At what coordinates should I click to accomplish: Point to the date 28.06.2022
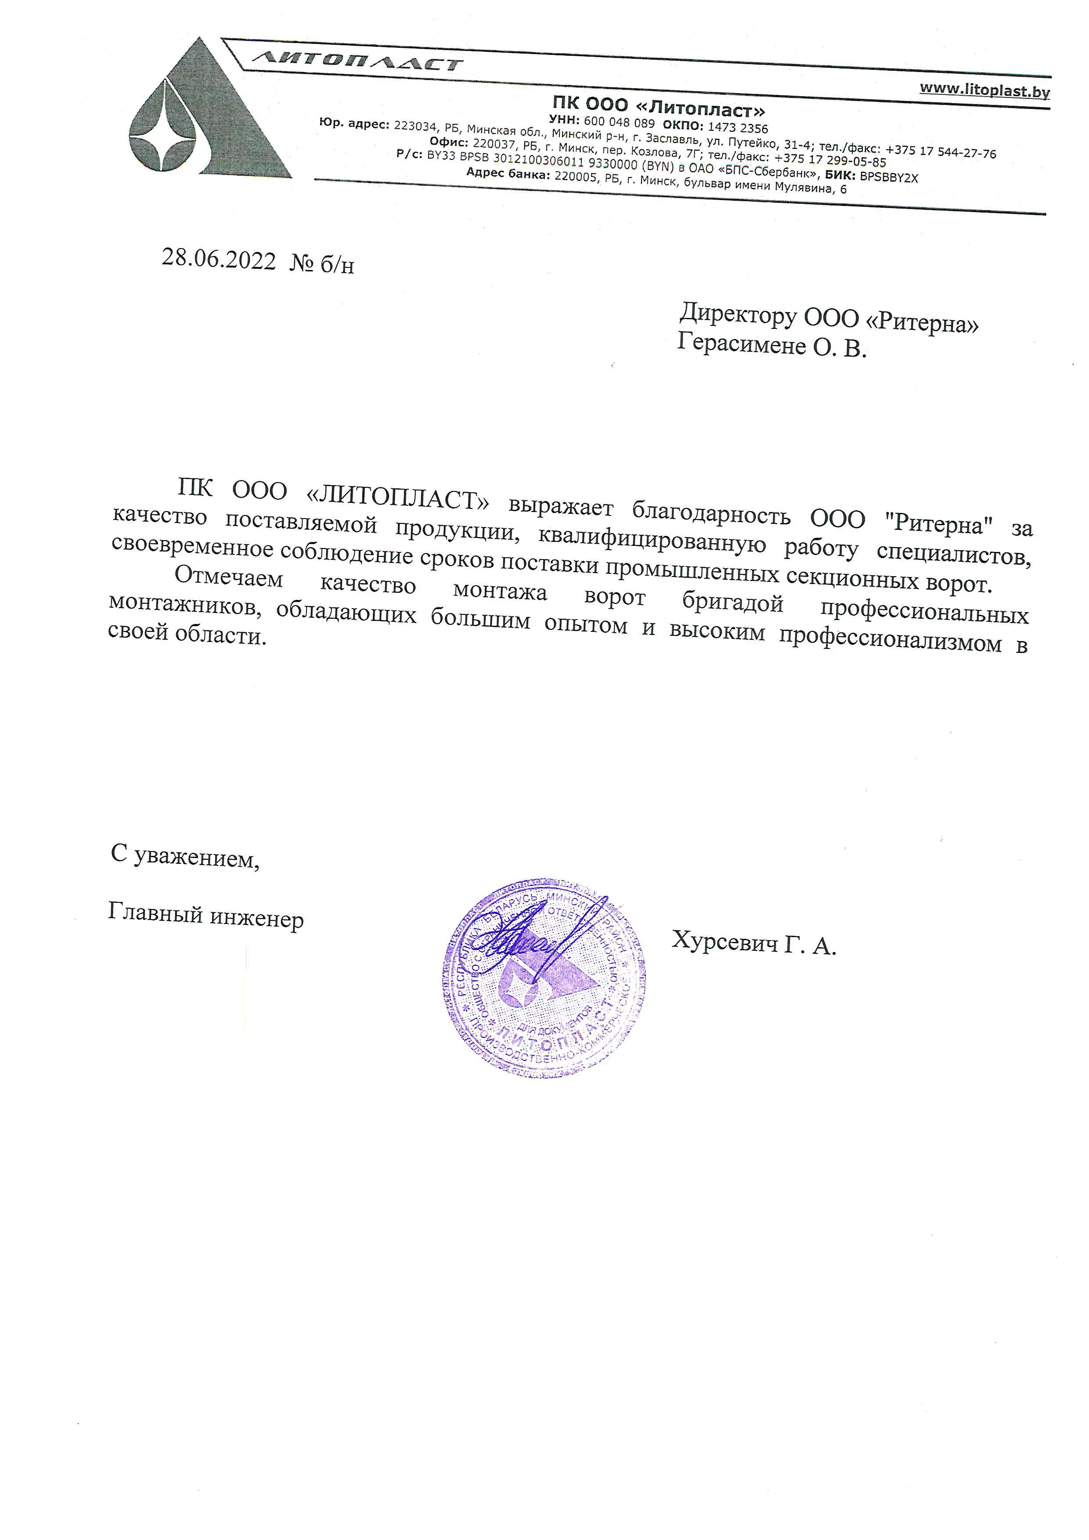(219, 259)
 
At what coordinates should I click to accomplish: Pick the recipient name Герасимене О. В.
(771, 346)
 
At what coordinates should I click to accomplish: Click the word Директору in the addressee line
(738, 314)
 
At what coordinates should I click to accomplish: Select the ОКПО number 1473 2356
(738, 127)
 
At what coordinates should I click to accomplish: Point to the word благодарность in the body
(711, 513)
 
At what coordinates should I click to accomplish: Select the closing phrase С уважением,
(185, 857)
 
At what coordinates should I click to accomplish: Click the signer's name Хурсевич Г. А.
(754, 943)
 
